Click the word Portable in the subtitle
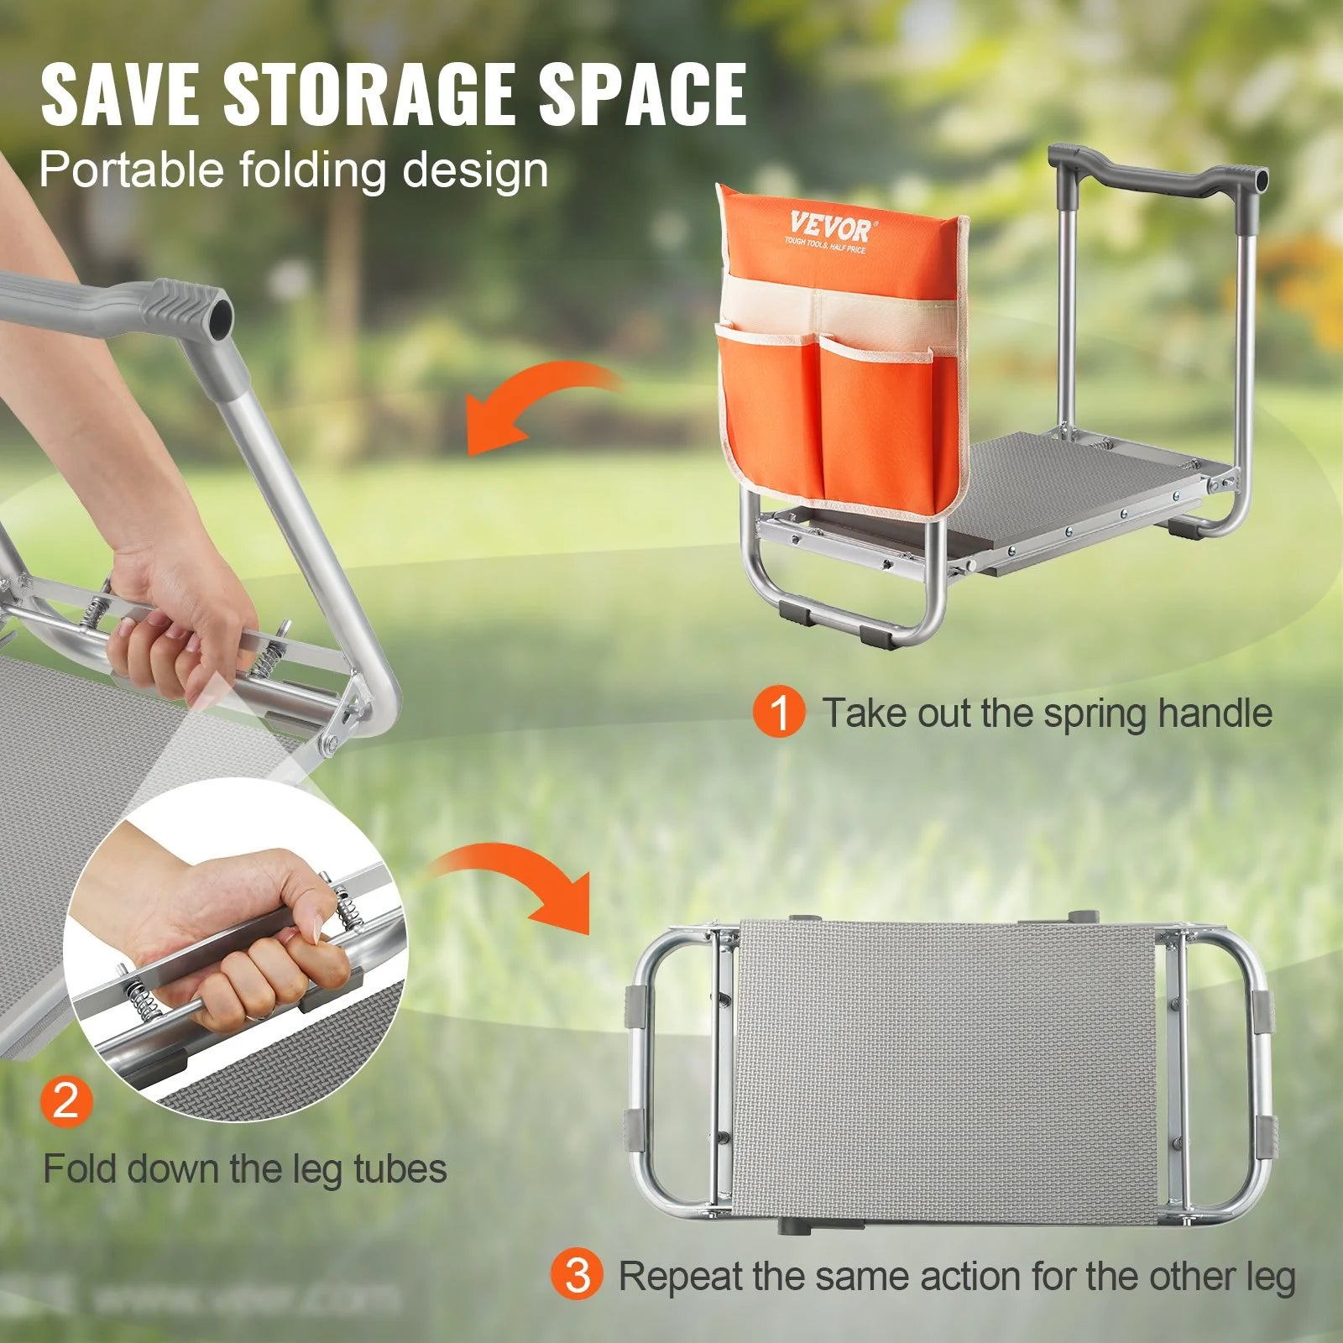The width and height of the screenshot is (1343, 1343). click(129, 170)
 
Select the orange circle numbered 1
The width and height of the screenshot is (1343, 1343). click(779, 713)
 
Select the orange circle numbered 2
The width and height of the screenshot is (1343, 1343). click(65, 1099)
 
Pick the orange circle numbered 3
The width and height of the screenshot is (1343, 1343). click(577, 1275)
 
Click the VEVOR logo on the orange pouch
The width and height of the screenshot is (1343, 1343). click(829, 227)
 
